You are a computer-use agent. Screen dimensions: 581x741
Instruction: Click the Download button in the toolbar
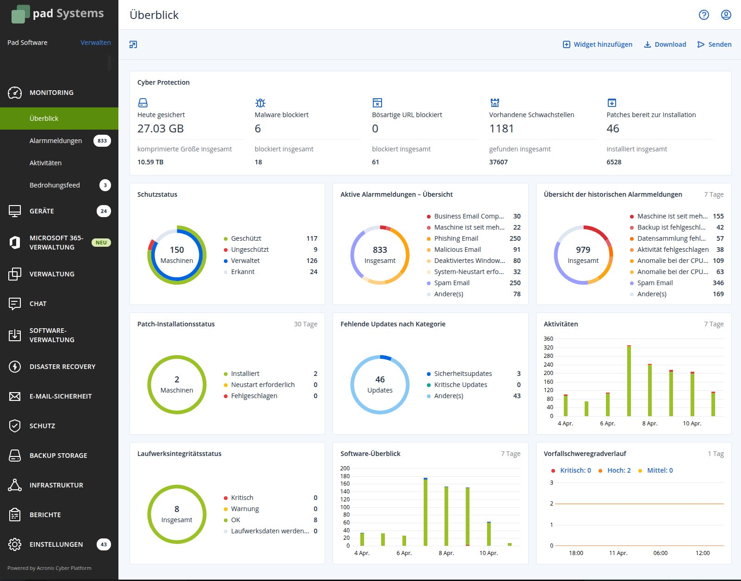665,44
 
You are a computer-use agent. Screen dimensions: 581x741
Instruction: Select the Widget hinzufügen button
598,44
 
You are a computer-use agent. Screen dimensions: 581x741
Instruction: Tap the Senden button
715,44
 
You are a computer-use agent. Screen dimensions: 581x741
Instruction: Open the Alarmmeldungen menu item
56,141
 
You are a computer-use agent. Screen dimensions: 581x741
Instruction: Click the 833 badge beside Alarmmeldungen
102,141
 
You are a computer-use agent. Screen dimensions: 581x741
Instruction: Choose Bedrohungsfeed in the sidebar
55,185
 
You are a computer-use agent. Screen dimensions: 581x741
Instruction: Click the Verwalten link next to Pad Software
95,43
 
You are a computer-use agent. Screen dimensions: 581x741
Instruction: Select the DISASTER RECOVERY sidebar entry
62,367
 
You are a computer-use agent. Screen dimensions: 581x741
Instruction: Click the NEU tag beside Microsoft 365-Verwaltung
101,243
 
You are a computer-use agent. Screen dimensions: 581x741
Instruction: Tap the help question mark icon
704,15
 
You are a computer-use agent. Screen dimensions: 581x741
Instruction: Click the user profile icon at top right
726,15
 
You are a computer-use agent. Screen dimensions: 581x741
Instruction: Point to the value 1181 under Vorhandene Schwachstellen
501,129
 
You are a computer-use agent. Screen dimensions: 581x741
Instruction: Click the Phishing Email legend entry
456,238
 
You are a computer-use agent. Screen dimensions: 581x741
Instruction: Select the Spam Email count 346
718,283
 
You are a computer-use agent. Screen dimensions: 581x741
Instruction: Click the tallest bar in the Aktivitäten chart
629,381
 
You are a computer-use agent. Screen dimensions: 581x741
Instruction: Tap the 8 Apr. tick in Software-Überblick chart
446,553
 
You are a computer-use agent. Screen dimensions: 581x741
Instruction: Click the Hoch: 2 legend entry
618,470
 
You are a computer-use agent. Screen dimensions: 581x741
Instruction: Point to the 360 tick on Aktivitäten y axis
549,339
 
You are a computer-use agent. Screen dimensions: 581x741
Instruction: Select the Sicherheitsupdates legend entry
463,374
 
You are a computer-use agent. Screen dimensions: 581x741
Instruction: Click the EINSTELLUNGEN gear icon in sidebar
15,544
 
